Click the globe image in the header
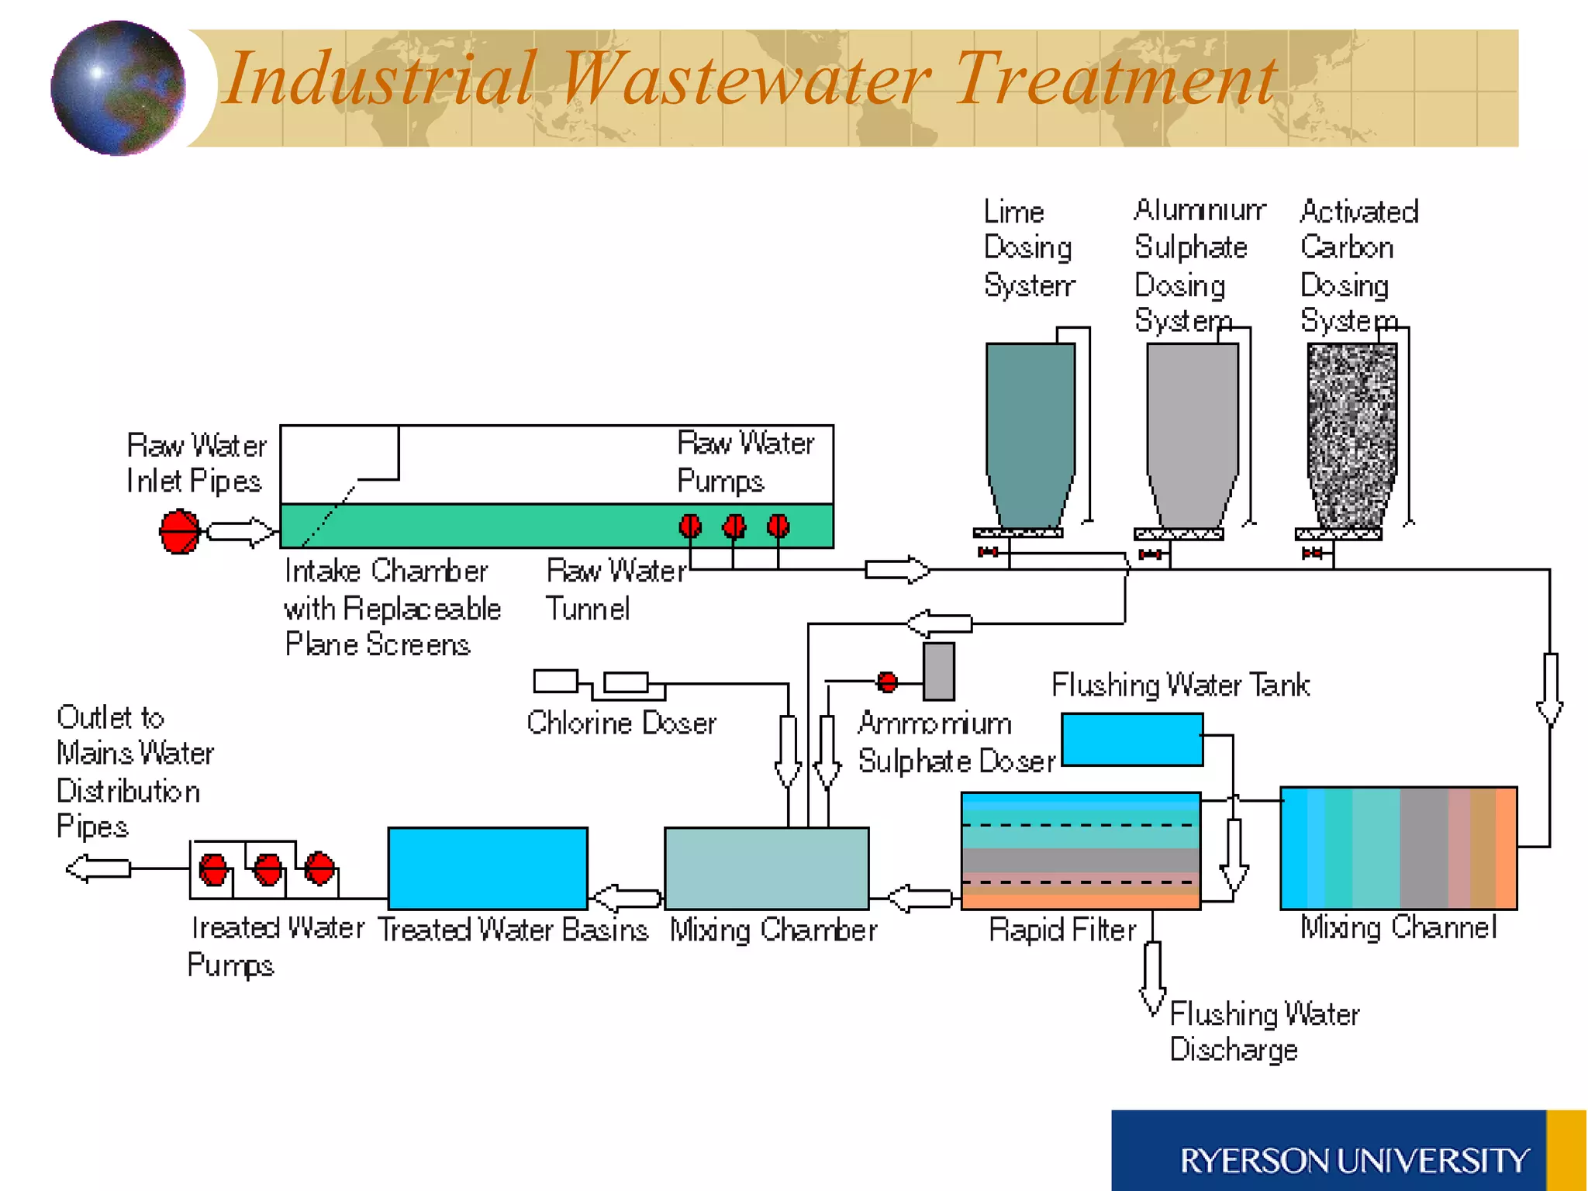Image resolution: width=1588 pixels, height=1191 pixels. coord(118,88)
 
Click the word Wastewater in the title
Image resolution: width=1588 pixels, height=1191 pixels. coord(744,78)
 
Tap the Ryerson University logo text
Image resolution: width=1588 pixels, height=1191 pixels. coord(1354,1161)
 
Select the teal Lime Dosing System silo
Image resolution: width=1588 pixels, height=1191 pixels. coord(1030,434)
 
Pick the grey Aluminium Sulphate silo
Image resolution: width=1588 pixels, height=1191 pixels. coord(1192,434)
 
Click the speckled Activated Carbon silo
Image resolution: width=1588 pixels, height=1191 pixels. coord(1352,434)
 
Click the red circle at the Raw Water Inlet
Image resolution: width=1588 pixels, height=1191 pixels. coord(179,531)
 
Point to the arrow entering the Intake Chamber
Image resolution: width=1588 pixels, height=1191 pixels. coord(240,532)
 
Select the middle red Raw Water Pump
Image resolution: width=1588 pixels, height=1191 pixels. coord(734,527)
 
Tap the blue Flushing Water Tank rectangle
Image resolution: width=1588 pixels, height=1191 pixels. coord(1132,740)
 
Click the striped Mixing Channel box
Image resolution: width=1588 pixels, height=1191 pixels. coord(1398,848)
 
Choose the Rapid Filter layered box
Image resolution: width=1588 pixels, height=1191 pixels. coord(1080,851)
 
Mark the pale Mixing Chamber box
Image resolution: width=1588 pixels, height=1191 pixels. coord(766,868)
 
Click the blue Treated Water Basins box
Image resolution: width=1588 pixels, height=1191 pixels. coord(488,868)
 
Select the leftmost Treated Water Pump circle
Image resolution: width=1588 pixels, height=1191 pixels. coord(213,869)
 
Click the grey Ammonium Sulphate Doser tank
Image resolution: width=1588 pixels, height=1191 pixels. coord(938,671)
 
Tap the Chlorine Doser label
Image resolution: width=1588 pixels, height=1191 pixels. coord(621,723)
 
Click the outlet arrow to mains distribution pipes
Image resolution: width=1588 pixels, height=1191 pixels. coord(98,868)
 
